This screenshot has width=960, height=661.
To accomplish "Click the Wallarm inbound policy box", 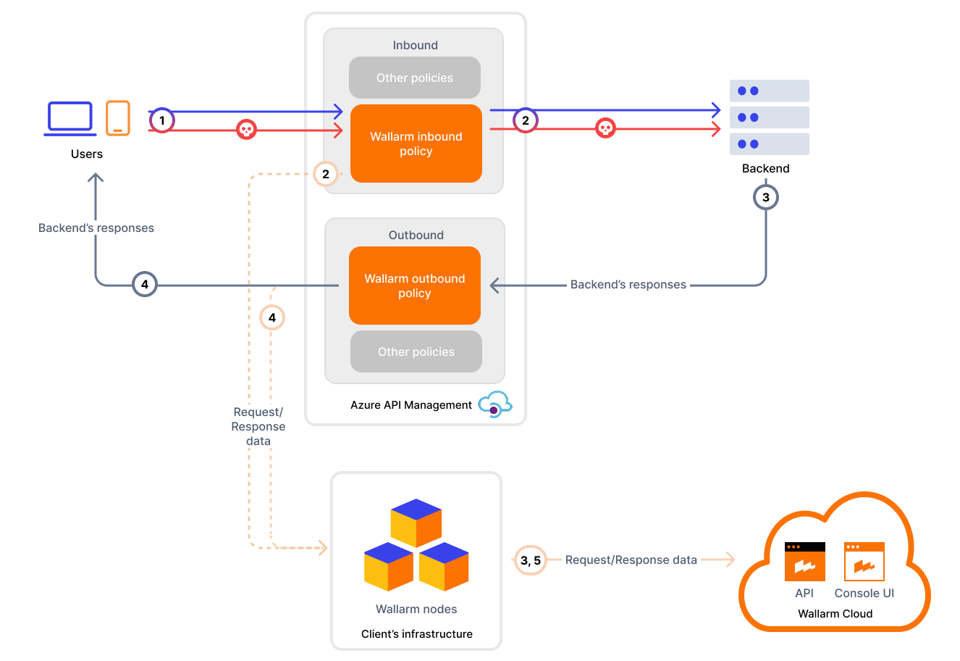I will click(x=416, y=144).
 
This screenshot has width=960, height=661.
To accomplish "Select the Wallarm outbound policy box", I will click(x=415, y=286).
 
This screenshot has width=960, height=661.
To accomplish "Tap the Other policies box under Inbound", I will click(x=415, y=78).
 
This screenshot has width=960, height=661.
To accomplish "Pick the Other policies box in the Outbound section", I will click(x=416, y=352).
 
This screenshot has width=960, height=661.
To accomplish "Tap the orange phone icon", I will click(x=118, y=118).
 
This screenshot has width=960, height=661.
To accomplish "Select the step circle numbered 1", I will click(x=162, y=120).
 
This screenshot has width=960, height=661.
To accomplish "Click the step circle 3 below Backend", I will click(x=766, y=197).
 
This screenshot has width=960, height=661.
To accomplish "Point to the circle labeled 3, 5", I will click(x=530, y=560).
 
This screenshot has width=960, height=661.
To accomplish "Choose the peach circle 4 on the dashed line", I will click(x=272, y=317).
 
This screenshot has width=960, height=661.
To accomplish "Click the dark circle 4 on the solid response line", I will click(x=145, y=285).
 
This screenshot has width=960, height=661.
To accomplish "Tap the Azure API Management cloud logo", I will click(x=495, y=405).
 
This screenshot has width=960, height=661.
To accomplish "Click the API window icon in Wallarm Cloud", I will click(x=804, y=562).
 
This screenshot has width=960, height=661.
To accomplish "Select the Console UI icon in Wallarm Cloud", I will click(x=864, y=562).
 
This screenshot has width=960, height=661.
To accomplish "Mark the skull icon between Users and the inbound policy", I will click(x=247, y=130).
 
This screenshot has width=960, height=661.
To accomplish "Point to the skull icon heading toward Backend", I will click(x=605, y=128).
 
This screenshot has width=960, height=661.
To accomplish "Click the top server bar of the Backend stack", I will click(x=769, y=91).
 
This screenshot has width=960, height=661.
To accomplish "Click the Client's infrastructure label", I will click(x=417, y=634).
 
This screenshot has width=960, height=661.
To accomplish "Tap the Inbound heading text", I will click(x=416, y=45).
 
